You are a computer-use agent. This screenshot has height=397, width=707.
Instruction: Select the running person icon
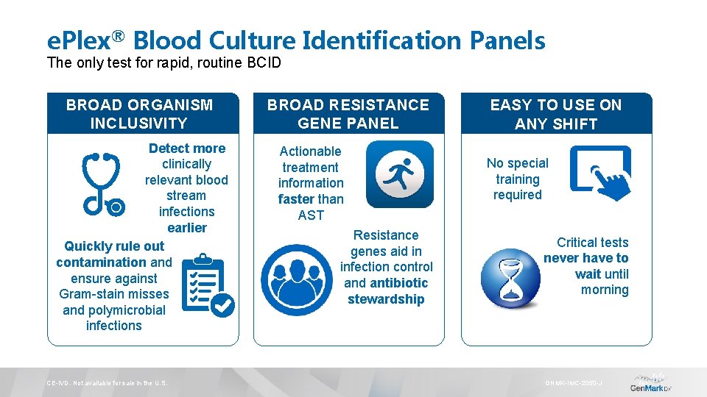(x=400, y=174)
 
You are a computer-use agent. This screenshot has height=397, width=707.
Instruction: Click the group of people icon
(x=297, y=280)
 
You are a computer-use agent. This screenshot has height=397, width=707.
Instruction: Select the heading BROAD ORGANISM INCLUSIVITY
(x=139, y=114)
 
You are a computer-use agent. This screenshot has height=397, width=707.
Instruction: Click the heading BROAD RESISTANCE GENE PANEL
(x=348, y=114)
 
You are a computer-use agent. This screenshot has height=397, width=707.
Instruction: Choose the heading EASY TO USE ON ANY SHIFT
(x=556, y=114)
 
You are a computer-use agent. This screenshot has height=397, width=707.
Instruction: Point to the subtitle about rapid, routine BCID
(x=163, y=62)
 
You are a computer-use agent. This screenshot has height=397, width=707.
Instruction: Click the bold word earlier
(x=186, y=228)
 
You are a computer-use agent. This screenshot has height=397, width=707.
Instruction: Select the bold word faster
(x=296, y=199)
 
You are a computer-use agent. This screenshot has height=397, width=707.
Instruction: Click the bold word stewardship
(x=386, y=299)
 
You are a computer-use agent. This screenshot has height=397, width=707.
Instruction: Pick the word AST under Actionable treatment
(x=310, y=215)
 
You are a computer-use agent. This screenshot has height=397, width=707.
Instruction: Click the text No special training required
(x=517, y=179)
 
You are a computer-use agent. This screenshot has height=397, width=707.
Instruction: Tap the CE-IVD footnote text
(x=108, y=383)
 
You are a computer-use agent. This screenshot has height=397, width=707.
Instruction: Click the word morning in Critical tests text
(x=604, y=290)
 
